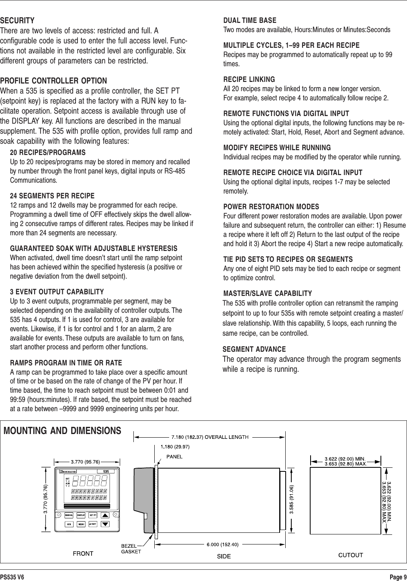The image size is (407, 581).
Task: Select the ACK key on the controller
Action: [x=69, y=524]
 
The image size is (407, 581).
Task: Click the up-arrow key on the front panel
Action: [x=105, y=515]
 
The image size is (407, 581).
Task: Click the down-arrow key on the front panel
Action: [x=105, y=524]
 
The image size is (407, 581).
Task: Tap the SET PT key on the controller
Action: [x=93, y=515]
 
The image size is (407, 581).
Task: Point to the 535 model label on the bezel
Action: [x=106, y=471]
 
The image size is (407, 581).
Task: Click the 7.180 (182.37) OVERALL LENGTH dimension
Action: [x=210, y=436]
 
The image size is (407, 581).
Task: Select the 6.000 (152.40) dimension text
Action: [x=222, y=544]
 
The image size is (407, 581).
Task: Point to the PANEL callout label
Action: [x=174, y=456]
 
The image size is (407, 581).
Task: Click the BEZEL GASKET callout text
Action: [x=131, y=548]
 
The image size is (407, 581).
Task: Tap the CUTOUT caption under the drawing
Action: [x=351, y=555]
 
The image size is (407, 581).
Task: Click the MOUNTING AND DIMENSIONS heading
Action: [x=62, y=431]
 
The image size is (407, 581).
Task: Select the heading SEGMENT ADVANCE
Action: [x=254, y=349]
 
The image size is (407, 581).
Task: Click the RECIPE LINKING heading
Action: [x=249, y=80]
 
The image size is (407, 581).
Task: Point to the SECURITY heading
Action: [x=17, y=20]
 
